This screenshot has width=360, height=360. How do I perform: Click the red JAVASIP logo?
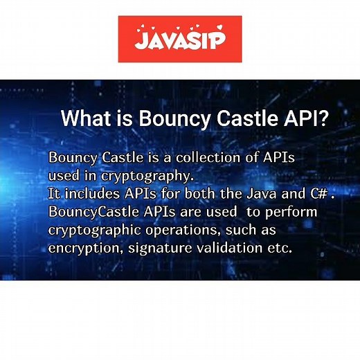click(x=180, y=39)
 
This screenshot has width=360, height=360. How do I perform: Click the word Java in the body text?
click(x=259, y=193)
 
